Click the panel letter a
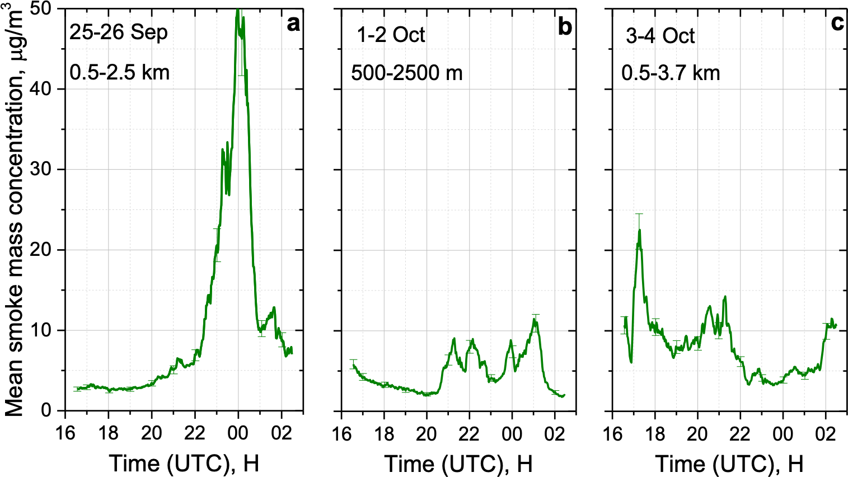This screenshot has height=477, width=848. point(293,25)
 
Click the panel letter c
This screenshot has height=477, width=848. point(837,23)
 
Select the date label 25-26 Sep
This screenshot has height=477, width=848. point(119,32)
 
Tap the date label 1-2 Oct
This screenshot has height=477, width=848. point(391,35)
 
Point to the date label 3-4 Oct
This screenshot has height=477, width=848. point(660,36)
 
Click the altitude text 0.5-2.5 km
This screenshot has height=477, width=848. point(119,72)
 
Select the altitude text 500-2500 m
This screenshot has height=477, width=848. point(406,73)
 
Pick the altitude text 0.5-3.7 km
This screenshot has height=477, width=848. point(671,73)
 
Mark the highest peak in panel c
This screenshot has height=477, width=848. point(639,230)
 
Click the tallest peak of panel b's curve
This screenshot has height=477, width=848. point(534,319)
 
